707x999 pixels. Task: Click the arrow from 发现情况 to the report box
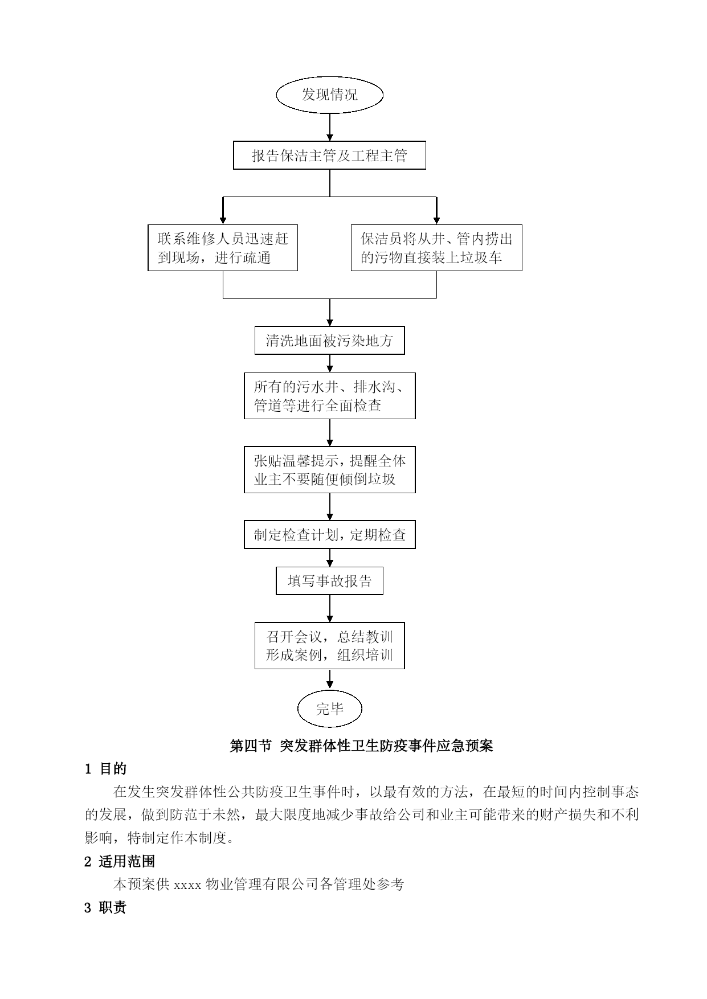click(330, 127)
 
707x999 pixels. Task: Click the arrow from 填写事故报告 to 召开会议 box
click(330, 609)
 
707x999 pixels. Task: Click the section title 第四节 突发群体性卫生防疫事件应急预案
click(361, 746)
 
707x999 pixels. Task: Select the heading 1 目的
click(106, 769)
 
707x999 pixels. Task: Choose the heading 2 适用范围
click(120, 862)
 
